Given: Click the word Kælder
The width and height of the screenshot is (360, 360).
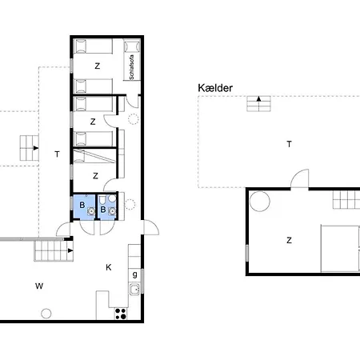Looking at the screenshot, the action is click(215, 88).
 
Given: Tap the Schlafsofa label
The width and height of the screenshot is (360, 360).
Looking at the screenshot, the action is click(131, 67).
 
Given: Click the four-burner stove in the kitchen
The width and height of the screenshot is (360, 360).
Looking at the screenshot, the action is click(121, 314).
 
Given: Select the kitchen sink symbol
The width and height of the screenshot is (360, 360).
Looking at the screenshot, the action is click(135, 289).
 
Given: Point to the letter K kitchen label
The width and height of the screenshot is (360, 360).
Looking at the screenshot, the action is click(109, 267).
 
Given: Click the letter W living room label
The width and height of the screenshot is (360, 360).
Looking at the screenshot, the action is click(39, 286).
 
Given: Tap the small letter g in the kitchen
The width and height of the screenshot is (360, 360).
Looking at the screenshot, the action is click(135, 274).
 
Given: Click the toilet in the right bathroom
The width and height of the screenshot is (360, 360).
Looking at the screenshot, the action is click(102, 199).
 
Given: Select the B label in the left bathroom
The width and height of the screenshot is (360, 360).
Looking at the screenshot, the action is click(82, 205).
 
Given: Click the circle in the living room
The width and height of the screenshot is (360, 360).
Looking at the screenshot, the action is click(46, 314).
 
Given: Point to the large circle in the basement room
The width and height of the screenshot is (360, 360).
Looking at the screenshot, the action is click(259, 202).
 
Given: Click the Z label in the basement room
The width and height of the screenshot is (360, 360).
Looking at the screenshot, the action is click(289, 240).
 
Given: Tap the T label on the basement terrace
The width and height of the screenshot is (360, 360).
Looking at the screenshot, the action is click(289, 144).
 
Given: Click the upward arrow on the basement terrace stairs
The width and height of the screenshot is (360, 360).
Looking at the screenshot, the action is click(258, 98).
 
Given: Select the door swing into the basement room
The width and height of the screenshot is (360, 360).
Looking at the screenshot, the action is click(300, 178).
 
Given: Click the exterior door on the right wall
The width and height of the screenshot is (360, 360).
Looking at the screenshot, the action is click(151, 227).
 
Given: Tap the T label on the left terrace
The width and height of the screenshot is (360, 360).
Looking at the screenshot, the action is click(57, 154).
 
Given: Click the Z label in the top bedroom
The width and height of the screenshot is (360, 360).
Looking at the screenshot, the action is click(98, 66).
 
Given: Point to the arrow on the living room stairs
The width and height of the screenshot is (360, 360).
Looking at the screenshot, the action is click(70, 250).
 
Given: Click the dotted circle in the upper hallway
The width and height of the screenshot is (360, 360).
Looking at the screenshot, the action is click(134, 119).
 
